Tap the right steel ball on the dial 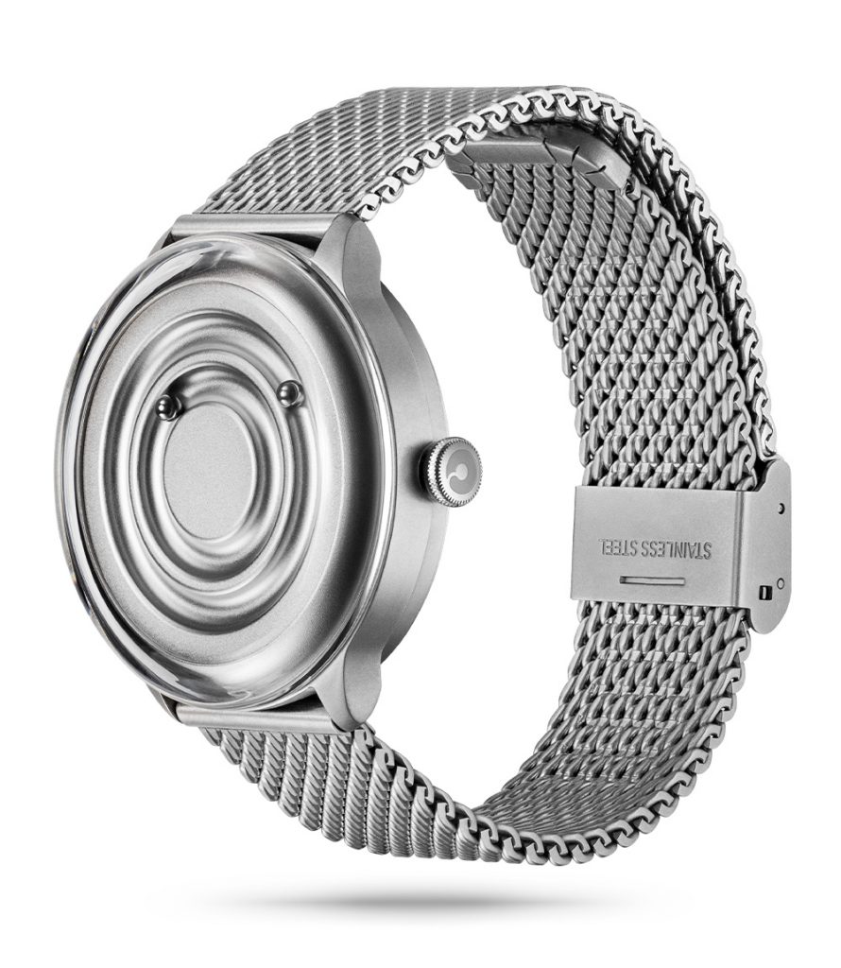click(289, 391)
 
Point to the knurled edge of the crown click(437, 473)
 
